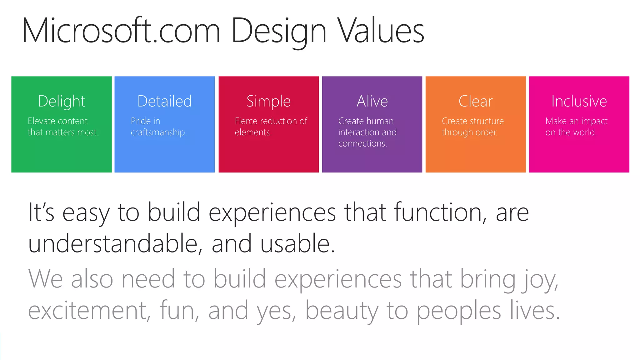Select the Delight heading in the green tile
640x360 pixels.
click(62, 101)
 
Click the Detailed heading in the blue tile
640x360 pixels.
click(164, 101)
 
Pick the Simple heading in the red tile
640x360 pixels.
click(268, 101)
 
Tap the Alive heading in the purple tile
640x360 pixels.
click(372, 101)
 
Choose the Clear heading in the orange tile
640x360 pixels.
click(476, 101)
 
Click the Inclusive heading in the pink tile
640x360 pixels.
click(579, 101)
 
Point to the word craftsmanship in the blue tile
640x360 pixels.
click(158, 132)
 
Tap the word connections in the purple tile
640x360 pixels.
click(362, 143)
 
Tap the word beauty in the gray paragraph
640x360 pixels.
click(342, 311)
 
